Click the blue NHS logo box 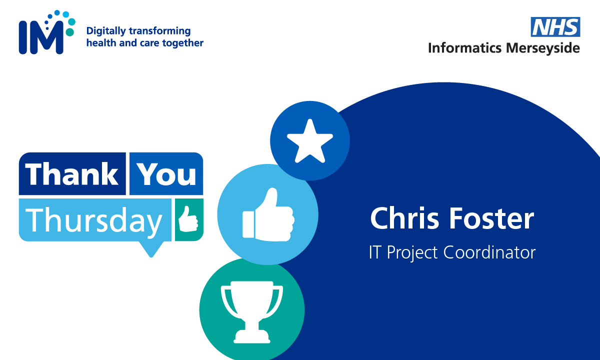(555, 27)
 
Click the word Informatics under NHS (464, 48)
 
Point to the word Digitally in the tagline (105, 31)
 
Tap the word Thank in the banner (72, 174)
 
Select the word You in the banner (166, 174)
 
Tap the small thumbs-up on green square (188, 219)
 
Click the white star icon (310, 141)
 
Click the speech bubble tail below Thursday (150, 248)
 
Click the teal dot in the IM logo (69, 32)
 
